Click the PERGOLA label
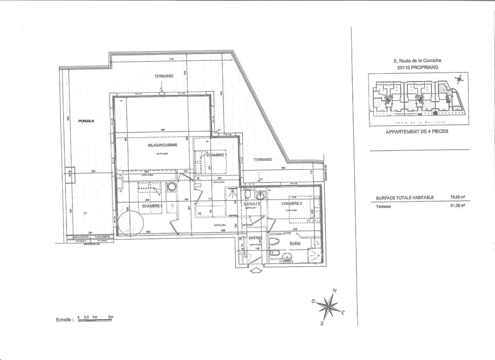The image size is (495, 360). (87, 121)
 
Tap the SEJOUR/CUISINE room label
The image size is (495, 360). (162, 145)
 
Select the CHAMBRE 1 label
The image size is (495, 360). (217, 154)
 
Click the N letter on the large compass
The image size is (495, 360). (334, 291)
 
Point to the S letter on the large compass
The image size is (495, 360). (321, 324)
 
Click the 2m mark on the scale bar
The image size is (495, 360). (110, 317)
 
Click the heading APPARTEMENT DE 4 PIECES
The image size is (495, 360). (417, 132)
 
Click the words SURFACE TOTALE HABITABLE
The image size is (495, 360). (405, 197)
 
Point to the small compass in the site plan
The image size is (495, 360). (458, 79)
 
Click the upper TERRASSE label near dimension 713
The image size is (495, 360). (164, 76)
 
